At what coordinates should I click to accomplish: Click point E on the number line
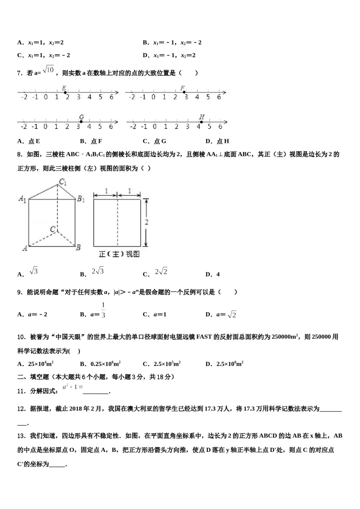[65, 92]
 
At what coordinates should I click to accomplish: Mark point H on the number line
[202, 122]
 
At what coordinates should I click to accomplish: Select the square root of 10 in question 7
[49, 70]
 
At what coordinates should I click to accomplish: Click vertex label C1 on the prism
[63, 182]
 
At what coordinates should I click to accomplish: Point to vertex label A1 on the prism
[22, 198]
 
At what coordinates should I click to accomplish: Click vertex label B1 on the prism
[81, 198]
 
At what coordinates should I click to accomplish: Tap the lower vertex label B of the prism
[78, 248]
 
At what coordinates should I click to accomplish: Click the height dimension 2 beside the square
[146, 222]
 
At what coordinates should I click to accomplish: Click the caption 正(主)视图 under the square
[119, 254]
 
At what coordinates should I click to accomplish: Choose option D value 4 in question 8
[218, 274]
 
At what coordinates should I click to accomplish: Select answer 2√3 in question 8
[98, 271]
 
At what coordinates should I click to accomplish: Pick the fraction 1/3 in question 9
[103, 310]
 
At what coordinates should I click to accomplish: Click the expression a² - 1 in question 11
[73, 387]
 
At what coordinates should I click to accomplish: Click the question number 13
[22, 436]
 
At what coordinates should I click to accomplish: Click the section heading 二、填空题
[33, 377]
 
